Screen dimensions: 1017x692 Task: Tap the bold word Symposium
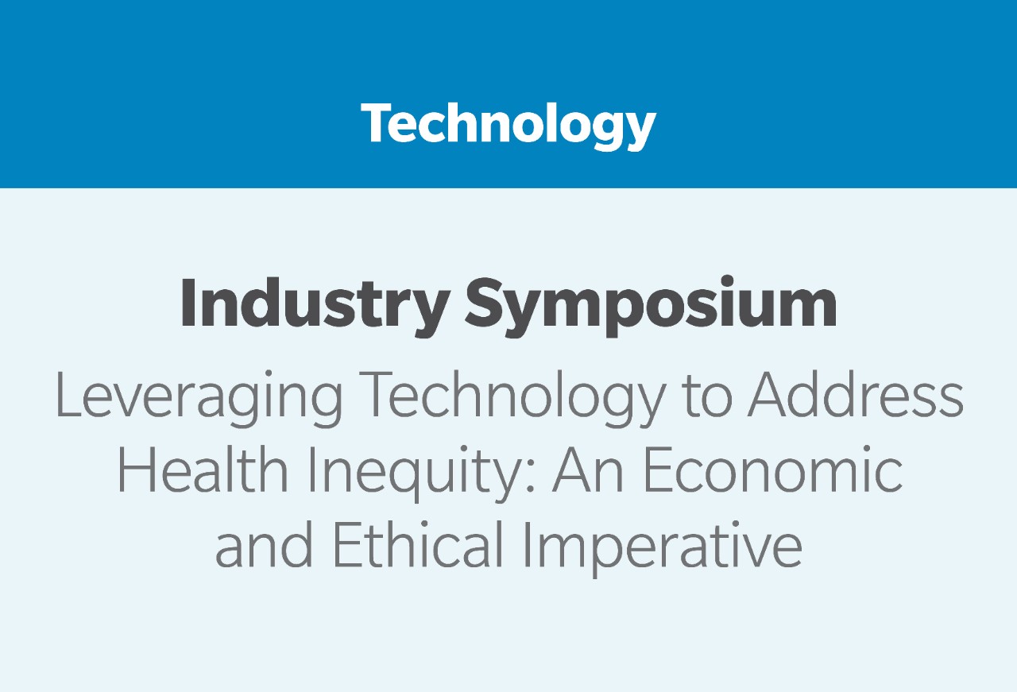click(650, 307)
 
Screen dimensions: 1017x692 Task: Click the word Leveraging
click(199, 398)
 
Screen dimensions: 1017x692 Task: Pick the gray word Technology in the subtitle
click(513, 398)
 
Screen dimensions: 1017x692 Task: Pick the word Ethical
click(419, 544)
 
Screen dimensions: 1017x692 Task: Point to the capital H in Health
click(135, 470)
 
